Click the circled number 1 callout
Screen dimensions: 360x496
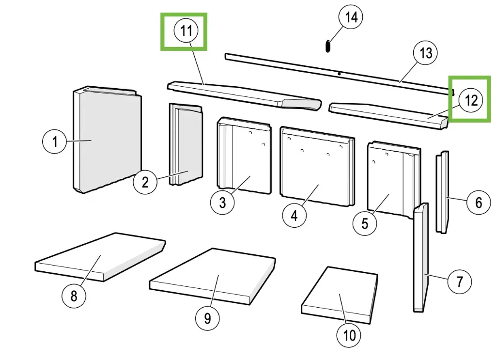tap(55, 141)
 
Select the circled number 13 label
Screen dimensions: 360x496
tap(425, 53)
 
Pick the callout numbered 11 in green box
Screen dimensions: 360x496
tap(186, 31)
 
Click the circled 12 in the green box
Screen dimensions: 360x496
tap(471, 100)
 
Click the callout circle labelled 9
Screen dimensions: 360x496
tap(207, 318)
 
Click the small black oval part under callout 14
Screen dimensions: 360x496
tap(327, 46)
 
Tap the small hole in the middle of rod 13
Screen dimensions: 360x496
tap(339, 74)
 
